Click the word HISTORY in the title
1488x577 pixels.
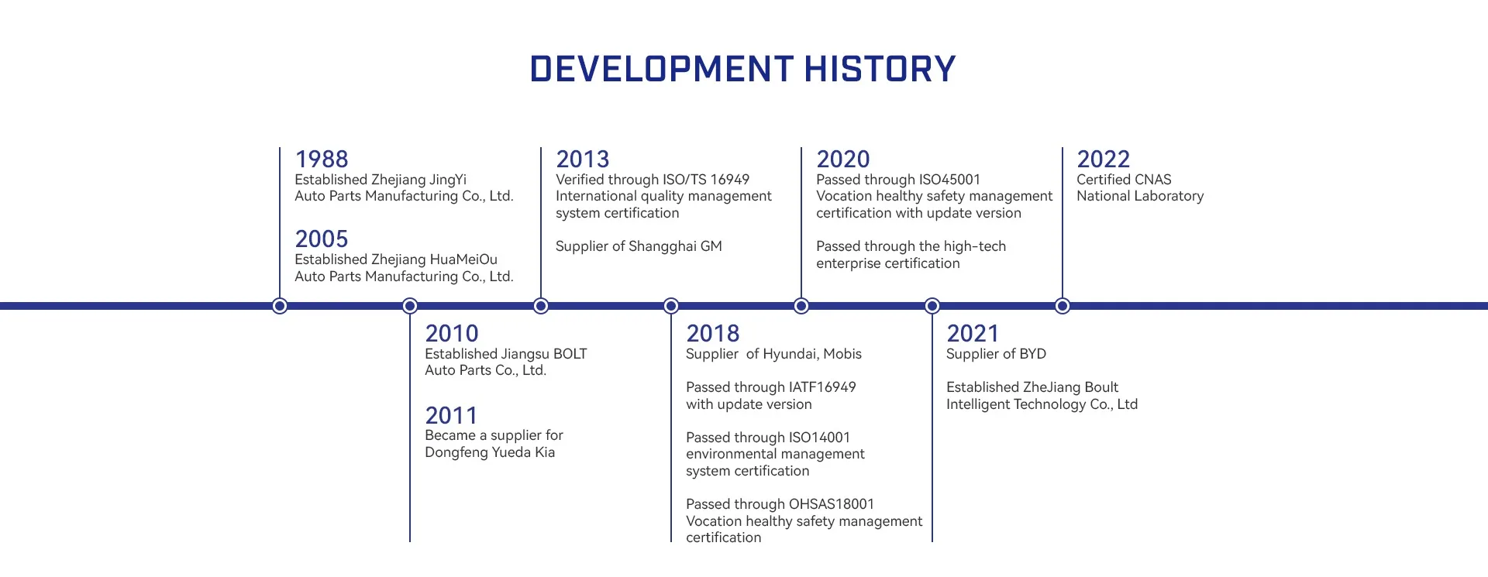point(880,69)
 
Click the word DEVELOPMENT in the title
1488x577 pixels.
point(662,69)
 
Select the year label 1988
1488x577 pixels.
point(322,160)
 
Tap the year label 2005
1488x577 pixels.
point(322,239)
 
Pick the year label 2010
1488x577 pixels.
point(452,334)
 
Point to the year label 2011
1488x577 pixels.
point(451,416)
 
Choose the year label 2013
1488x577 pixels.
point(583,160)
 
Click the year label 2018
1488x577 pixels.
point(713,334)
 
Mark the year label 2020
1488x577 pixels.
point(843,160)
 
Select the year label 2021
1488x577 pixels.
point(973,334)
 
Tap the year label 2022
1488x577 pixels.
point(1104,160)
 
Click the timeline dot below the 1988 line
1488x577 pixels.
point(280,306)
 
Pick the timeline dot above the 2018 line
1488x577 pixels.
point(671,306)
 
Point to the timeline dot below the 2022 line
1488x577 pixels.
point(1063,306)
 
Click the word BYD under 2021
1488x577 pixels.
point(1032,354)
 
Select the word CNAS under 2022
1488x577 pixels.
point(1153,180)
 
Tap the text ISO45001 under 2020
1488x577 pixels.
point(949,180)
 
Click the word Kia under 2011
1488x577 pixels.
point(545,452)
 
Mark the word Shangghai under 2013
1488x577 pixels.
point(663,247)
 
